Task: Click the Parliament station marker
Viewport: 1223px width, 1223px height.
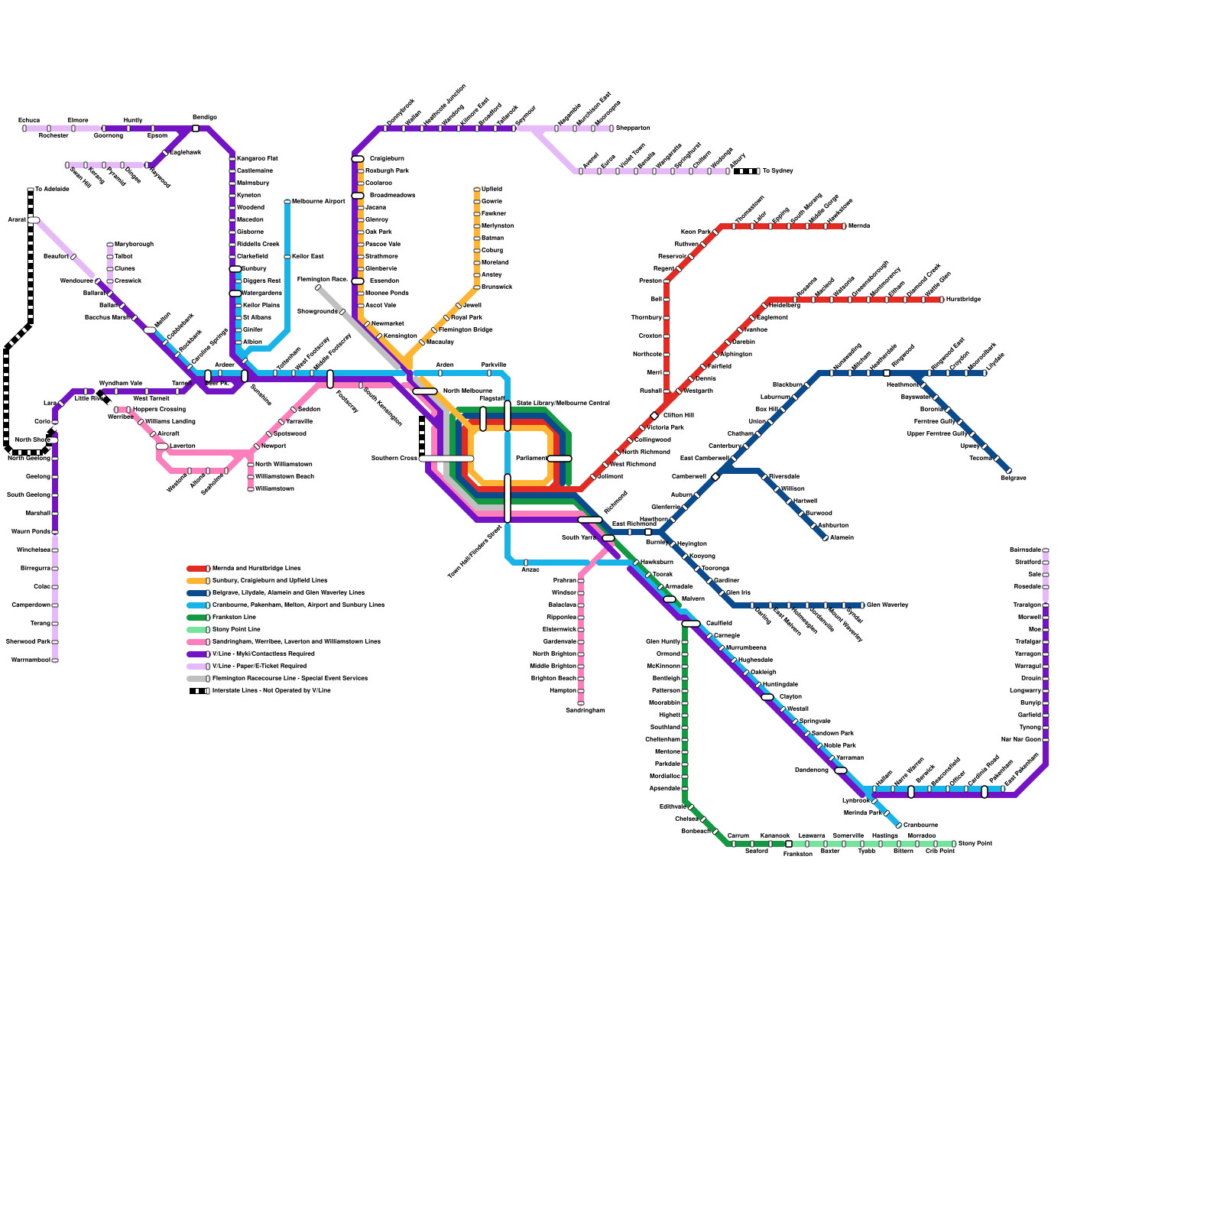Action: [559, 459]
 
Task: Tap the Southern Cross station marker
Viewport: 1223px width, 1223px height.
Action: [446, 459]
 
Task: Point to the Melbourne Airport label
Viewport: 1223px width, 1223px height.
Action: [319, 202]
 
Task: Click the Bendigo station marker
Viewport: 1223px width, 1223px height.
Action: [196, 128]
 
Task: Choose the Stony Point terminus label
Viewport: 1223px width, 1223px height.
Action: [975, 843]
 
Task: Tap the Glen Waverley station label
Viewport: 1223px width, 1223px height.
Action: [887, 605]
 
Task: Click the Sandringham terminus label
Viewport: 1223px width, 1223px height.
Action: [585, 710]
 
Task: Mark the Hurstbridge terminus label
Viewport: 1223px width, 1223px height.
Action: [963, 300]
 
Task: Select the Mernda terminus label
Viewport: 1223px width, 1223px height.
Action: [859, 226]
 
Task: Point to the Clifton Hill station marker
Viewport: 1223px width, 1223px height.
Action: [654, 416]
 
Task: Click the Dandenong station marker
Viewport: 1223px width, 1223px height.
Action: [841, 770]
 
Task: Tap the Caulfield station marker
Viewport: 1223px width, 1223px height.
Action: [690, 624]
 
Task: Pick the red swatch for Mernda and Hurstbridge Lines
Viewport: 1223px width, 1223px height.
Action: [197, 569]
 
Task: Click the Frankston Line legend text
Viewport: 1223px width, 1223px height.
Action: [234, 618]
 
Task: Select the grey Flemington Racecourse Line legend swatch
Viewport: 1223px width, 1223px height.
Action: [197, 679]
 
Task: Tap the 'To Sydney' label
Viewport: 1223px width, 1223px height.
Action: [778, 171]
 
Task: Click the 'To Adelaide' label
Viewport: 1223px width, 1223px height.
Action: [52, 190]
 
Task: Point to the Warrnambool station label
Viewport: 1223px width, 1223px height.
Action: [31, 660]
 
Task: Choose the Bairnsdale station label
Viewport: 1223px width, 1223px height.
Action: [1025, 550]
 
